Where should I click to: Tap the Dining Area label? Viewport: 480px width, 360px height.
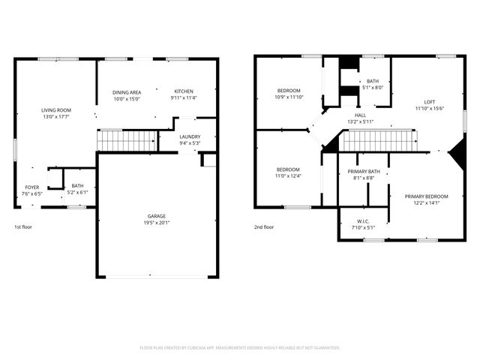tap(127, 91)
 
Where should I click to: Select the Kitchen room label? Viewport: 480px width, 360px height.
tap(184, 91)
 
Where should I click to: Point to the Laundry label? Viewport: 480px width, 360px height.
tap(190, 136)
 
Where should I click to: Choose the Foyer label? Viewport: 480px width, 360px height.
tap(32, 187)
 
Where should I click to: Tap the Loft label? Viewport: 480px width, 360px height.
tap(429, 102)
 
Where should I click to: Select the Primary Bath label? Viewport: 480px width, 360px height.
tap(363, 172)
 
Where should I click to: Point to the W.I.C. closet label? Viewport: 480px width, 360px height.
tap(362, 220)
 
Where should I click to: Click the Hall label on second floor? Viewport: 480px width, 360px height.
tap(360, 115)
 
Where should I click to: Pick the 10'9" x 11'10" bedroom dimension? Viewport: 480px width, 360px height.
tap(289, 97)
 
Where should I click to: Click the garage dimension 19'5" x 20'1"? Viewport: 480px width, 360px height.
tap(157, 222)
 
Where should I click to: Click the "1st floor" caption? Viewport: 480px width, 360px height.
tap(23, 226)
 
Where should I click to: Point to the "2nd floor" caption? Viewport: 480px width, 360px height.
tap(263, 226)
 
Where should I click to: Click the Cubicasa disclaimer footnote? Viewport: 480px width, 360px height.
tap(240, 347)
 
